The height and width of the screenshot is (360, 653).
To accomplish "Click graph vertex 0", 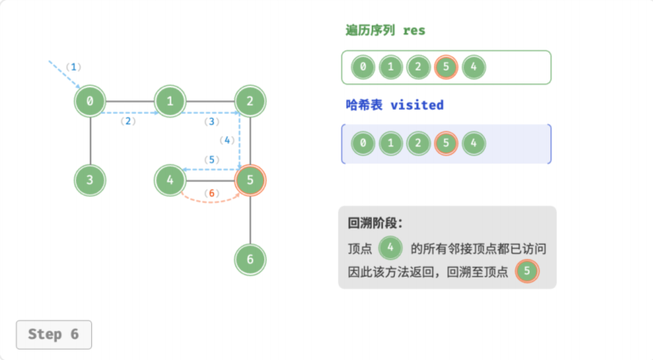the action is pos(90,101).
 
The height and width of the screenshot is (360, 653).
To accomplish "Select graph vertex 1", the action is pos(170,101).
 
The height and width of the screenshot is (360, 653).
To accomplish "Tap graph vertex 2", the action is pos(250,101).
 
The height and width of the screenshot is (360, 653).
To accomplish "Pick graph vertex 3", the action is pos(90,180).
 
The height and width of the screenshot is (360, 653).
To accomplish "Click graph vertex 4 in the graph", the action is pos(170,180).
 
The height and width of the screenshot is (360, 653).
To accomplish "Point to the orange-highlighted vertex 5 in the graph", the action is pos(250,180).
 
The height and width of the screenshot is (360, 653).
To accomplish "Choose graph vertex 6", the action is pos(250,259).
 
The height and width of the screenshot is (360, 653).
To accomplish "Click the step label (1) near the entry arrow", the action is pos(74,67).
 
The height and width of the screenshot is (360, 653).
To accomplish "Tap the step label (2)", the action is pos(128,121).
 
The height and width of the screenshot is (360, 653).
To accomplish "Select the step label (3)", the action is pos(212,121).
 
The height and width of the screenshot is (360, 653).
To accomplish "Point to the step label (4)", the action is pos(227,140).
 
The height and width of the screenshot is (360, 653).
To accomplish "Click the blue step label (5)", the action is pos(212,160).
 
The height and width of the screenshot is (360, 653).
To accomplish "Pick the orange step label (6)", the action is pos(212,193).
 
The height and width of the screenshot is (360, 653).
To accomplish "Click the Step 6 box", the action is pos(54,334).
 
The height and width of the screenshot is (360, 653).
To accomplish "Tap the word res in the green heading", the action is pos(414,30).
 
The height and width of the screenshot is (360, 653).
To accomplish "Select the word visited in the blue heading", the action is pos(417,105).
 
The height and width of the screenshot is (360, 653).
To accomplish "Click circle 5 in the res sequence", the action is pos(446,67).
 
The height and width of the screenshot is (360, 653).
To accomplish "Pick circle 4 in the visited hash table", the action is pos(474,144).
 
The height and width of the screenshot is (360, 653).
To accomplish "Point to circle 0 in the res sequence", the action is pos(363,67).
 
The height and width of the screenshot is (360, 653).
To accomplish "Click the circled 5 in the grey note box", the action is pos(527,271).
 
